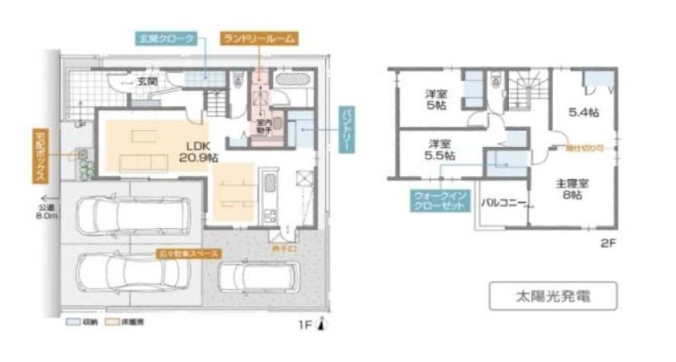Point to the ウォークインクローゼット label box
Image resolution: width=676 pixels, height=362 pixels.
(x=440, y=201)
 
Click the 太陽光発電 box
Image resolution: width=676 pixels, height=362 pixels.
(x=553, y=296)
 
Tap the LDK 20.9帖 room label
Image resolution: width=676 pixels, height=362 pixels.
(x=201, y=151)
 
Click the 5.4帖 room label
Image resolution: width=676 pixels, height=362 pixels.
(x=583, y=112)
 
